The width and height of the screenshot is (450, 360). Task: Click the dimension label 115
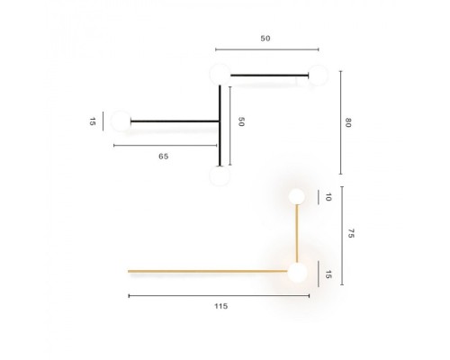point(221,306)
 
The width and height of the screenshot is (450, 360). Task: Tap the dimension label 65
point(163,156)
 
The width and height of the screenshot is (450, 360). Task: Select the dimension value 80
point(347,123)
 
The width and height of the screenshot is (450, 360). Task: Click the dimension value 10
point(328,197)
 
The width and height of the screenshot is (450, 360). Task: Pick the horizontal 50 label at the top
point(265,39)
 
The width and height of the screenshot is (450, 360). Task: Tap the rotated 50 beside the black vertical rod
point(241,122)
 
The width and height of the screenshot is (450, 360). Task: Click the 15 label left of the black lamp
point(93,121)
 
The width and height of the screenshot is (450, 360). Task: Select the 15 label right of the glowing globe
point(328,274)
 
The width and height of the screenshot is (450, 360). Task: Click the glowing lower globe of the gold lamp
point(296,272)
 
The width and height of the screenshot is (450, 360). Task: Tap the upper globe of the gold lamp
point(296,196)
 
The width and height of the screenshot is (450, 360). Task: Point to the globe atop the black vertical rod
point(219,74)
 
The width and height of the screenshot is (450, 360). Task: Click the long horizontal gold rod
point(207,270)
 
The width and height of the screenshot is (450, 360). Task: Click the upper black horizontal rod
point(270,76)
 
